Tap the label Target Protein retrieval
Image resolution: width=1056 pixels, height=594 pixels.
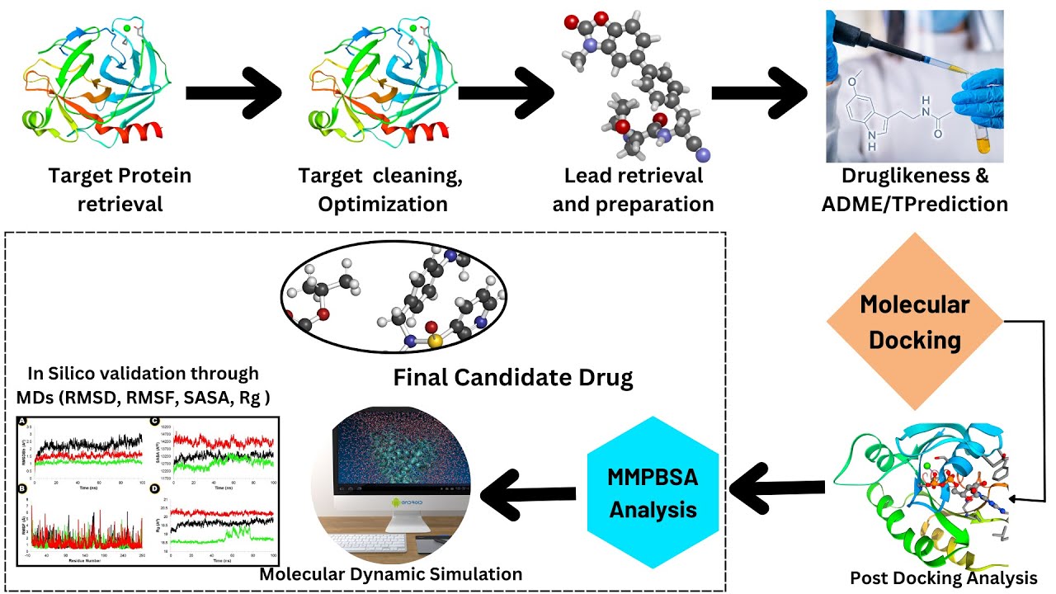click(x=120, y=189)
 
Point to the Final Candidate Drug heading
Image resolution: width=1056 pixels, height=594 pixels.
click(x=512, y=378)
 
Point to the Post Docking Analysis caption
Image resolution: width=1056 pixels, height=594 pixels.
click(x=943, y=577)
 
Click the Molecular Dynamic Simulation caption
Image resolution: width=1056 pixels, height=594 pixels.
click(x=390, y=573)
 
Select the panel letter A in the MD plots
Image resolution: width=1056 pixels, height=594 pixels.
click(x=24, y=422)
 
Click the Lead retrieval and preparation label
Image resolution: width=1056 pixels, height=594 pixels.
click(x=633, y=189)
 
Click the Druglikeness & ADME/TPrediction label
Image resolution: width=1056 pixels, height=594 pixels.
click(x=914, y=189)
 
